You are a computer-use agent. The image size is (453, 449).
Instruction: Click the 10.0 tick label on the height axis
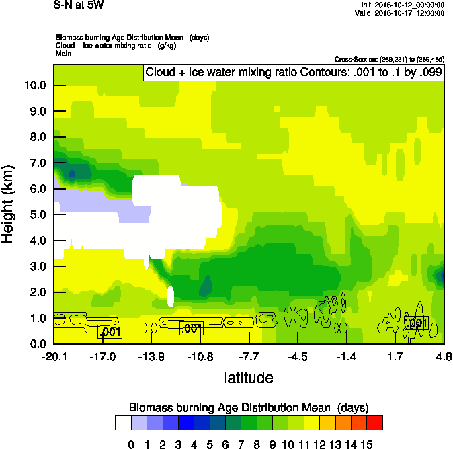(34, 85)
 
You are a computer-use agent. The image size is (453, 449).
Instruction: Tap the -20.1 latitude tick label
(54, 356)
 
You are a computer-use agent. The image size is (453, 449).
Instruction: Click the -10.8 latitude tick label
(200, 356)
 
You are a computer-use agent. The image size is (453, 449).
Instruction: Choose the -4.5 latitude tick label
(298, 356)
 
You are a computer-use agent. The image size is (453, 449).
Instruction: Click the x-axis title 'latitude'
(249, 378)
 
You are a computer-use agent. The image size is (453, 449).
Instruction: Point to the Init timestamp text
(402, 5)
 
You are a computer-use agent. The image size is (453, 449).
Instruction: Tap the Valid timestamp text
(401, 13)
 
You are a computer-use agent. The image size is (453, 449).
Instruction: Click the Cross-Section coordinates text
(389, 60)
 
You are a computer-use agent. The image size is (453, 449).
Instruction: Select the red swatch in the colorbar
(375, 422)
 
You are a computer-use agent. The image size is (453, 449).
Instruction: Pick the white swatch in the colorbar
(122, 422)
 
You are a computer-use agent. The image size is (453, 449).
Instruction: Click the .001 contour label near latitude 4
(417, 323)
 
